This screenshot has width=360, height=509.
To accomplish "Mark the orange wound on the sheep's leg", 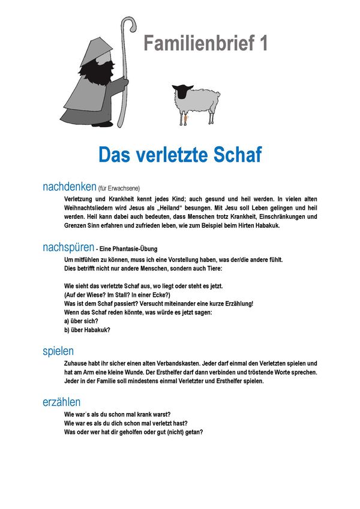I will coord(186,119).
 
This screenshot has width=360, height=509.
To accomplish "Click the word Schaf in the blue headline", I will coord(233,154).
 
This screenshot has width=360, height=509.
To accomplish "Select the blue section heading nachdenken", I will coord(69,187).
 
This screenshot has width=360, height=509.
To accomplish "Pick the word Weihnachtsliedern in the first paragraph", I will coord(90,207).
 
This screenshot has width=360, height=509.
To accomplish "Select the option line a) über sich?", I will coord(82,321).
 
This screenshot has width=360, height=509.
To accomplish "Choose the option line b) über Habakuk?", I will coord(87,330).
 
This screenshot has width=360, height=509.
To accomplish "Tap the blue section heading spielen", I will coord(58,351).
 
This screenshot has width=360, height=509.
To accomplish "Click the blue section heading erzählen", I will coord(61,402).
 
